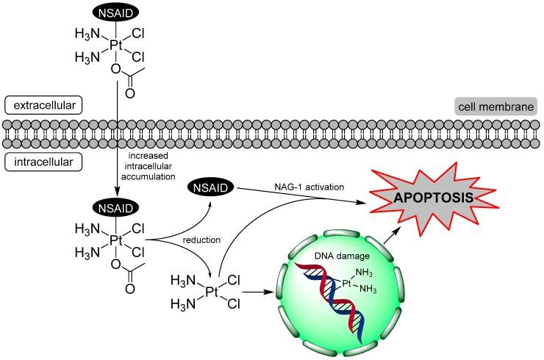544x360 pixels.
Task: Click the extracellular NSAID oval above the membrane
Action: pyautogui.click(x=114, y=12)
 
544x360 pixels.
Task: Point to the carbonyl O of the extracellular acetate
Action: pyautogui.click(x=129, y=94)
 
